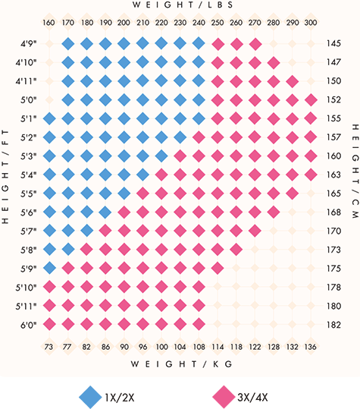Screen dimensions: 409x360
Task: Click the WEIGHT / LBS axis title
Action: coord(180,5)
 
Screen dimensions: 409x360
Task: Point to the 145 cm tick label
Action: coord(333,44)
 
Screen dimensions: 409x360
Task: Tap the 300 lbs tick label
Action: coord(310,23)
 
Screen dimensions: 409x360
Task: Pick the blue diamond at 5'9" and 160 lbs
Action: coord(49,267)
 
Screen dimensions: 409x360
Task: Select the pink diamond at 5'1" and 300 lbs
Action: coord(310,118)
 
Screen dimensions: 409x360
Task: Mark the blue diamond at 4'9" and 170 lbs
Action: coord(68,44)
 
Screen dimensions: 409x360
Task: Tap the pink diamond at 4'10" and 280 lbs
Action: coord(273,62)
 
